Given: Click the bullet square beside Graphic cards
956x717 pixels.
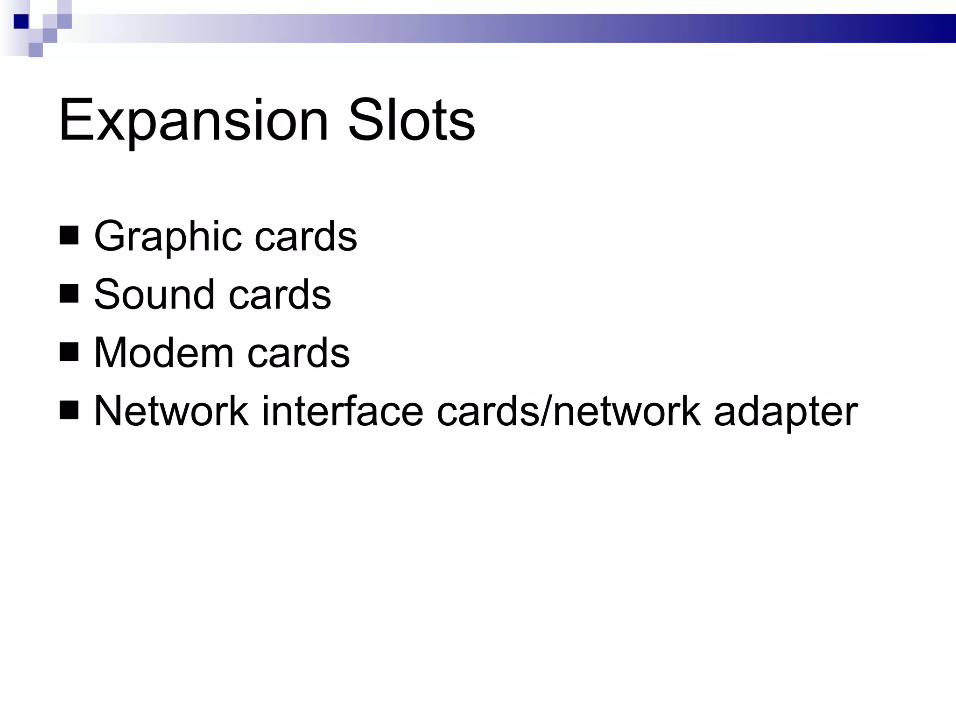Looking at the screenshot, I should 69,236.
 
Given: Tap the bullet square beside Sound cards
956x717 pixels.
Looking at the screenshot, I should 69,294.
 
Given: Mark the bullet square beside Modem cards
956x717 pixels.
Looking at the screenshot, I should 69,352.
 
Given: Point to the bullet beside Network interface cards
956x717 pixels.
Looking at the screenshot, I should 69,411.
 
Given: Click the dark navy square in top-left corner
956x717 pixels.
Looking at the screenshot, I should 21,21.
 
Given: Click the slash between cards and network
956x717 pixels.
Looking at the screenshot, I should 546,411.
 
